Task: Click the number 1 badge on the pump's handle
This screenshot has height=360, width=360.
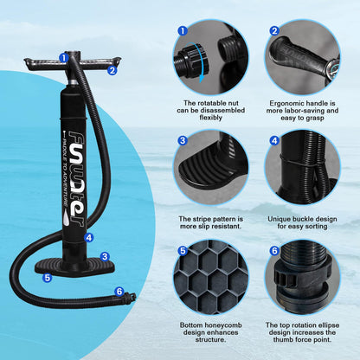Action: tap(63, 58)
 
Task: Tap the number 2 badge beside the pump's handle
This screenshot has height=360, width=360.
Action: tap(112, 71)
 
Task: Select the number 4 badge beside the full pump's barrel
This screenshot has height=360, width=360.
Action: tap(88, 237)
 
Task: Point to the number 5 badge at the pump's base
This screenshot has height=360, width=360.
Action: tap(48, 278)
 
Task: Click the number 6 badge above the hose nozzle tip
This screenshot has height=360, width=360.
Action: tap(119, 292)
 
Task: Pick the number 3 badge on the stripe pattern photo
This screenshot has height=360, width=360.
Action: tap(183, 140)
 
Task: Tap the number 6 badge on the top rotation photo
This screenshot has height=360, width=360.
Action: tap(274, 251)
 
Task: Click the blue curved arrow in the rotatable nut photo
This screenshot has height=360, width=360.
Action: tap(201, 67)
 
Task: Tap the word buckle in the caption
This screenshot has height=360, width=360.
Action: tap(300, 220)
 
